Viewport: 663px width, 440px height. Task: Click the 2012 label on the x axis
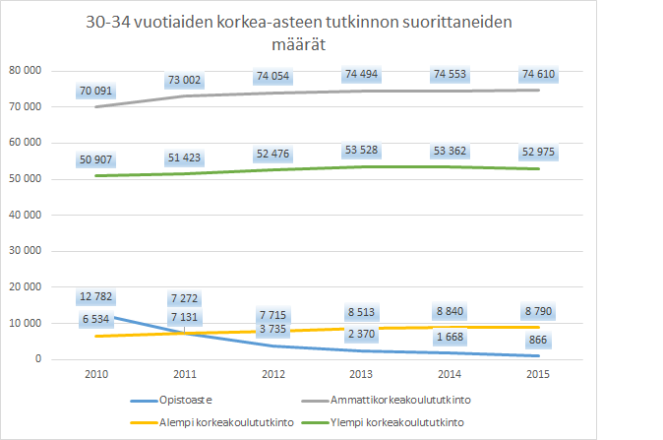(271, 376)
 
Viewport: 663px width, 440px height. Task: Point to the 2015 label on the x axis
(537, 376)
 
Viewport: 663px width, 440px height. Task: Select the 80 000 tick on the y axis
(30, 71)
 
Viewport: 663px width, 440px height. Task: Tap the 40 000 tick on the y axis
(30, 215)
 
